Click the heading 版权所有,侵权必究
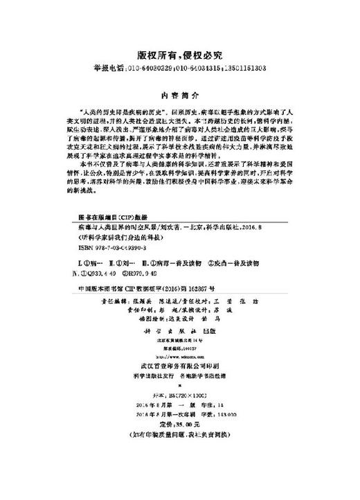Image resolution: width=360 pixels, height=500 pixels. coord(179,54)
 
